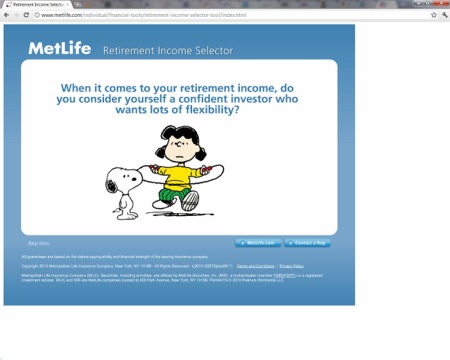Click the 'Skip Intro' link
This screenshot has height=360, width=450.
[37, 243]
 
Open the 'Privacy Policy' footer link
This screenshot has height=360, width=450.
[291, 266]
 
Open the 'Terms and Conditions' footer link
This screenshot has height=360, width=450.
[256, 266]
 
